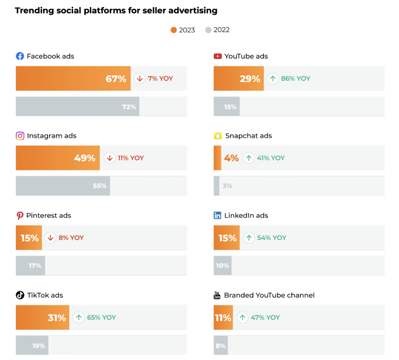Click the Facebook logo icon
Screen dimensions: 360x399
(x=20, y=56)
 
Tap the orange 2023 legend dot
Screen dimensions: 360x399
(x=174, y=30)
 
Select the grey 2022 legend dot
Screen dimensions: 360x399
(x=208, y=30)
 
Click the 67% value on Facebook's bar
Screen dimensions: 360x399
(x=116, y=79)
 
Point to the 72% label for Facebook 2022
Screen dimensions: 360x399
(x=129, y=107)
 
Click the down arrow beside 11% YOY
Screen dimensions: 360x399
(x=109, y=158)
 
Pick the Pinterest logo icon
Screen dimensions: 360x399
(x=20, y=216)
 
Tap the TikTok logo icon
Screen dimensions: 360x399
(x=20, y=295)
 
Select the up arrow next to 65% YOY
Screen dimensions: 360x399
(x=79, y=317)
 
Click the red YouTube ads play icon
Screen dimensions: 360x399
(x=217, y=56)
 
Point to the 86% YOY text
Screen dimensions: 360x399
(x=295, y=79)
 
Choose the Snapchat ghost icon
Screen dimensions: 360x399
(x=218, y=136)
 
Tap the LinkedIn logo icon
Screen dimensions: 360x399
(x=217, y=216)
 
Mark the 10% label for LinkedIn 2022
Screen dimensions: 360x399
(x=223, y=266)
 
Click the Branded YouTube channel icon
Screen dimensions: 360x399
(x=217, y=295)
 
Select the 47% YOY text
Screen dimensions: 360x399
(x=265, y=317)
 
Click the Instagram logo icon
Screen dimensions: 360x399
(x=20, y=136)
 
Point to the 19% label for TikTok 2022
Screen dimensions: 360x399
(x=39, y=346)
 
